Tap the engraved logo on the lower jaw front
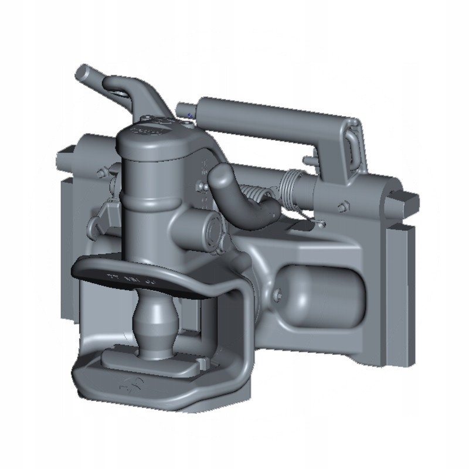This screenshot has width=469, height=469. (127, 384)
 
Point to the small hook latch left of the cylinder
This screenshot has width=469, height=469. (106, 214)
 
